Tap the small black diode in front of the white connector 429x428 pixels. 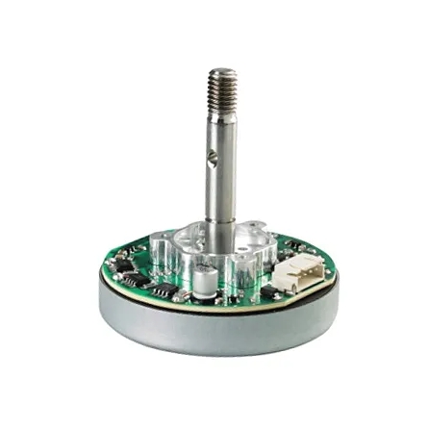click(x=266, y=293)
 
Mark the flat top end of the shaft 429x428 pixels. click(x=222, y=70)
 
